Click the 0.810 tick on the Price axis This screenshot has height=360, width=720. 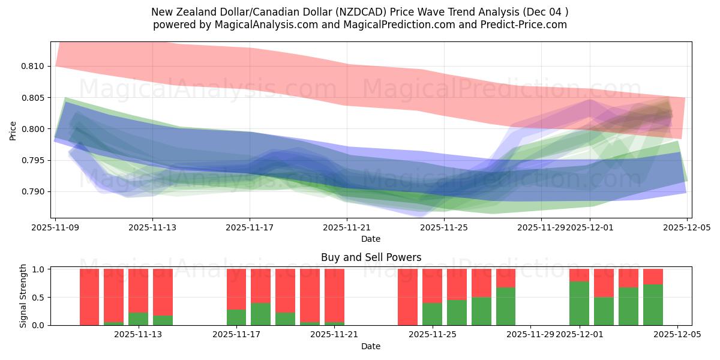point(36,66)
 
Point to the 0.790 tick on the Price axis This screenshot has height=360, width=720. point(36,191)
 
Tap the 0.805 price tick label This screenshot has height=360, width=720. point(36,98)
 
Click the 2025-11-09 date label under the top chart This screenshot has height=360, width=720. point(55,228)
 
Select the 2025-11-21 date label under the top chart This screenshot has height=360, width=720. point(347,228)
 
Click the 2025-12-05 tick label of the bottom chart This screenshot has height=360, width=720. point(677,335)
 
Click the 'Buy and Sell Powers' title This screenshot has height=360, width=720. point(371,257)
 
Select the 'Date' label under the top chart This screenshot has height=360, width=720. point(371,239)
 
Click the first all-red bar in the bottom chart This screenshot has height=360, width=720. point(89,297)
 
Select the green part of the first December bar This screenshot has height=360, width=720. point(579,304)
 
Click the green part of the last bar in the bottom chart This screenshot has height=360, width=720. point(653,305)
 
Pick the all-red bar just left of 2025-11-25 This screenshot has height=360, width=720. point(407,297)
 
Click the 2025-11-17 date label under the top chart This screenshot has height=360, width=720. point(250,228)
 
